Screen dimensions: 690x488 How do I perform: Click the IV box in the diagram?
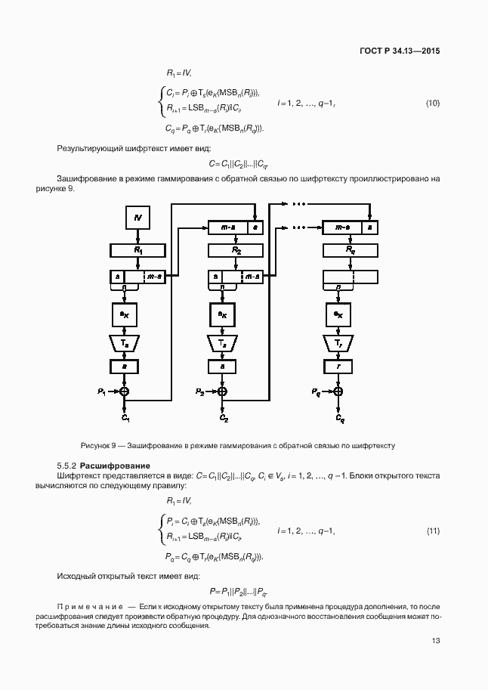138,218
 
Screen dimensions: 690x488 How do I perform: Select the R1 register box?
138,249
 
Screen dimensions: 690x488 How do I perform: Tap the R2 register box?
236,249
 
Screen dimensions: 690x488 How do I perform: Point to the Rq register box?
351,249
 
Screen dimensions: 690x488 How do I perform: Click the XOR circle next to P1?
125,391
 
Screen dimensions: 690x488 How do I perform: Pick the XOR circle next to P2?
223,391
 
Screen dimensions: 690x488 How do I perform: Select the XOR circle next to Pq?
338,391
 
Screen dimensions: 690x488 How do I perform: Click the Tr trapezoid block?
338,343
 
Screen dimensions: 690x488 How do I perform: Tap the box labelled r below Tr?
338,366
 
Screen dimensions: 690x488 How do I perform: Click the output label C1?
125,417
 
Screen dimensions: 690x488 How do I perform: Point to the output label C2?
224,417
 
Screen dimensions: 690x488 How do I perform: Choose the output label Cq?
339,417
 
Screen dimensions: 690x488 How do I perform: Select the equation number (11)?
433,531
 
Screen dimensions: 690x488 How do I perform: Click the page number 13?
435,641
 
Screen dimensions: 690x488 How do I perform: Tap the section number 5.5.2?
66,465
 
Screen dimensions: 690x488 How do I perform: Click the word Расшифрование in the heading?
115,465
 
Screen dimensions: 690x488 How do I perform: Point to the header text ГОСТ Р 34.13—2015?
399,51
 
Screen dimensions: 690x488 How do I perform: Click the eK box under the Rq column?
338,314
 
